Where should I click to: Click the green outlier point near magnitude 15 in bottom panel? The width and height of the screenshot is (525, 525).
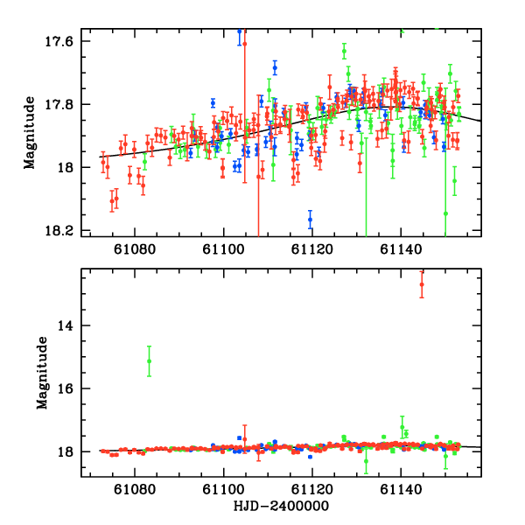pos(150,361)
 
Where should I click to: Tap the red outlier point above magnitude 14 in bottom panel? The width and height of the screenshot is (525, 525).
pos(422,284)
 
